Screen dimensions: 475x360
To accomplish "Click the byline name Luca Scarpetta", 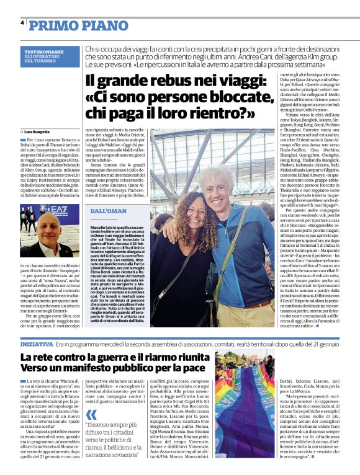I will [40, 132].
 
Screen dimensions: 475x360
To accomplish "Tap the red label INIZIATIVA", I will [37, 343].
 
